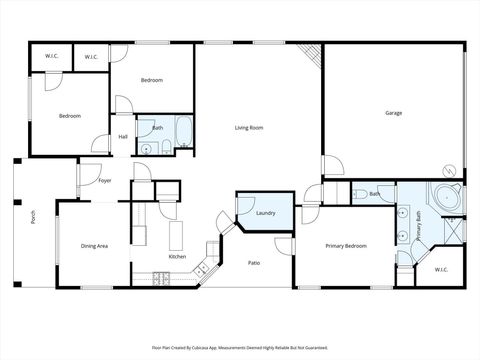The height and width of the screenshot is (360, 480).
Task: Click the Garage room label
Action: click(x=394, y=113)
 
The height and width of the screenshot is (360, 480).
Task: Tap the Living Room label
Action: click(x=249, y=128)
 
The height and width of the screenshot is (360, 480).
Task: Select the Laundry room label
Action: click(x=265, y=212)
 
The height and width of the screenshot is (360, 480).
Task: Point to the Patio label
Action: click(x=255, y=263)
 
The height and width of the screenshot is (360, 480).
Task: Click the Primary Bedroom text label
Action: click(x=346, y=245)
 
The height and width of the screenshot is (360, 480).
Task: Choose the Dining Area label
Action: click(x=94, y=245)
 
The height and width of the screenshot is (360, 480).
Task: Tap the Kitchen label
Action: click(x=177, y=257)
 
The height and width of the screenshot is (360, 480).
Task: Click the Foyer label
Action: click(x=105, y=181)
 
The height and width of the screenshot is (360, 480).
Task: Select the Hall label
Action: click(x=123, y=137)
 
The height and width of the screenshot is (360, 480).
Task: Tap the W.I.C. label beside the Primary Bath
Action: click(x=441, y=270)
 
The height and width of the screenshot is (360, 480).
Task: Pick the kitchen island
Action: click(x=176, y=234)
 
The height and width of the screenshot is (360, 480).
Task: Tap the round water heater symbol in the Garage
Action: click(x=450, y=172)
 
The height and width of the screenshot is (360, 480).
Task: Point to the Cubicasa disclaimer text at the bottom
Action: click(x=240, y=347)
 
